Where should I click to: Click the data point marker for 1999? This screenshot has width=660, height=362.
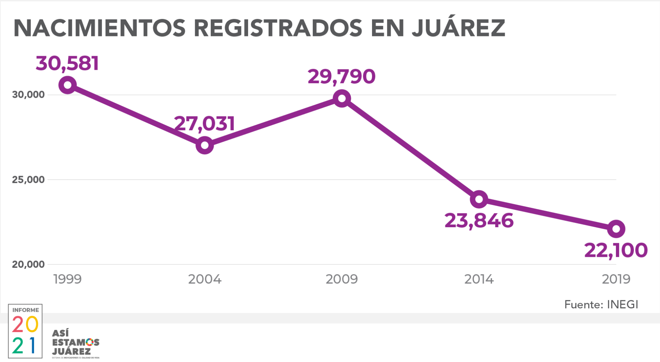coord(67,85)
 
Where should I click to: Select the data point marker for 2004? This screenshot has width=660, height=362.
coord(205,145)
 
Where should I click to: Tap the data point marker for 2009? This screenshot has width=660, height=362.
coord(342,98)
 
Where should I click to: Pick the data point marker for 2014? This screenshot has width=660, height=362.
coord(479,199)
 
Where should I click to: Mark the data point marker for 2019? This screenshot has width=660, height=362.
coord(616,229)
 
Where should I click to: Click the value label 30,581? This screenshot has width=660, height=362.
coord(67,64)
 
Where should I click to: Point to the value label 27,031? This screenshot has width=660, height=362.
coord(204,123)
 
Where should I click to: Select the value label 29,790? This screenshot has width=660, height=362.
coord(341,77)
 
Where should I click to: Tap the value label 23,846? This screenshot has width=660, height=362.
coord(479,221)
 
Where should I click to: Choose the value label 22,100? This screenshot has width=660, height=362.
coord(616,251)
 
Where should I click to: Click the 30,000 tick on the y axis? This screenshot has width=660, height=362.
coord(28,95)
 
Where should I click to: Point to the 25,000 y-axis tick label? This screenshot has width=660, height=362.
coord(28,180)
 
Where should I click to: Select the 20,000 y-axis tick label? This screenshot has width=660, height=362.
coord(28,264)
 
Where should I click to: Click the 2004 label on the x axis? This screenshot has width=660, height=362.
coord(205,279)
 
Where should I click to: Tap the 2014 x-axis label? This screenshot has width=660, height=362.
coord(479,279)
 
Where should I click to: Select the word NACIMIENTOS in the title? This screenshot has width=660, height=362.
coord(100,28)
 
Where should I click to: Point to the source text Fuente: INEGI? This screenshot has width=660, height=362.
coord(601,304)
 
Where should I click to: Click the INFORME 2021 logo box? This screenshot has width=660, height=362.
coord(25,331)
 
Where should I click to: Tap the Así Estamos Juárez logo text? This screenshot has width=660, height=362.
coord(76,343)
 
